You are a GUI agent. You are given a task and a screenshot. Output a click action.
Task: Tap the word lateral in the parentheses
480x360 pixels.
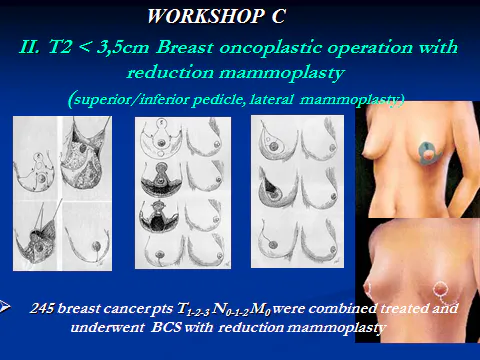[294, 100]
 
